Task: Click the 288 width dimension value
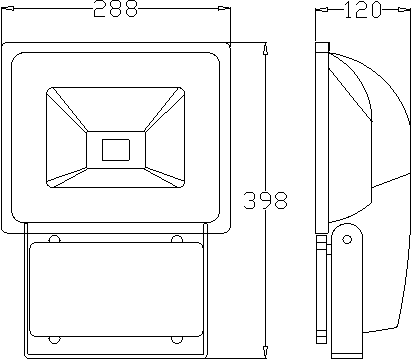coord(115,9)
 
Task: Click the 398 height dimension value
coord(265,200)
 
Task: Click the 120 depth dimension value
coord(362,10)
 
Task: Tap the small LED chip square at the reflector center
coord(115,150)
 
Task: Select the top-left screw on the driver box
coord(54,239)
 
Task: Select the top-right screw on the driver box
coord(177,239)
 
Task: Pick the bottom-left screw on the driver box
coord(54,340)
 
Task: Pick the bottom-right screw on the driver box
coord(177,340)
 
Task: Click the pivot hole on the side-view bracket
coord(347,239)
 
